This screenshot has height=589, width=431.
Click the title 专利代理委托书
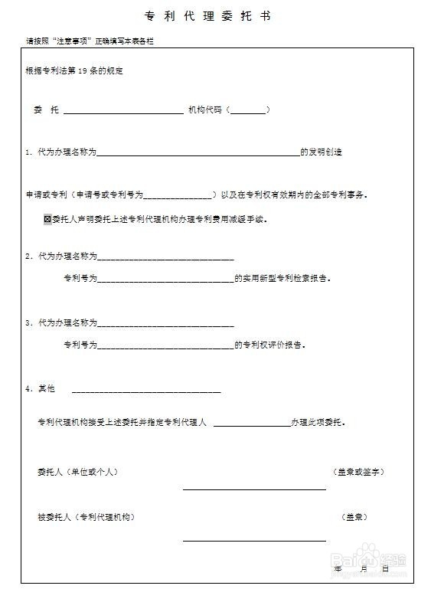(207, 16)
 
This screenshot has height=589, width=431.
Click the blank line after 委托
(123, 112)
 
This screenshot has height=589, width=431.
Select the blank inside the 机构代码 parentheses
(248, 112)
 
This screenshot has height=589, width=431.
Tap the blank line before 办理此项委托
(251, 424)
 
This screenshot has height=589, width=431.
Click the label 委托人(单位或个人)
(77, 471)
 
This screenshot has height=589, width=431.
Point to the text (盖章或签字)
(358, 471)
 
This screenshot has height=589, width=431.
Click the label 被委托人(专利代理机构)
(86, 517)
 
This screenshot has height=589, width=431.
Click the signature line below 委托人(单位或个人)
(253, 489)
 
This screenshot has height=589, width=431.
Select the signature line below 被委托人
(253, 540)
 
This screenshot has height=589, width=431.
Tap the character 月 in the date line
(363, 568)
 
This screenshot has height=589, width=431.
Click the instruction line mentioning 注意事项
(90, 41)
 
